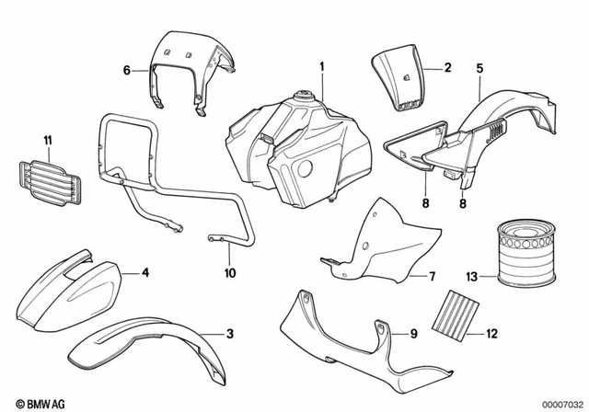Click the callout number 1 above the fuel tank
[x=323, y=66]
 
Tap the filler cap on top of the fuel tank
[x=302, y=97]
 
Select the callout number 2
[x=448, y=68]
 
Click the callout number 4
[x=144, y=273]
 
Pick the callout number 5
[x=479, y=67]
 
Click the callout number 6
[x=127, y=69]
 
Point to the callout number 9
[x=413, y=332]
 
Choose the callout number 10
[x=229, y=273]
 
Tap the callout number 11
[x=48, y=139]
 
